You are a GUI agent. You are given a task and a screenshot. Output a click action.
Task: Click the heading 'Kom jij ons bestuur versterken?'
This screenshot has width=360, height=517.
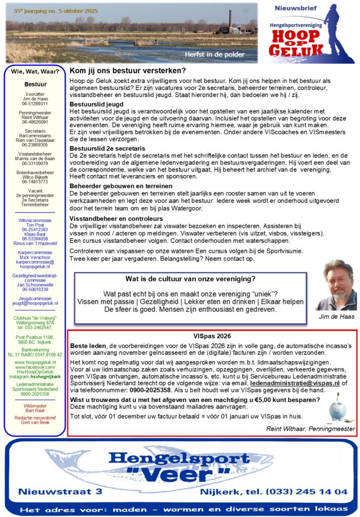[128, 71]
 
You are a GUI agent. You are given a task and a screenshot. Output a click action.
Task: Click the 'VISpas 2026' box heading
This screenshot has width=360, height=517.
[213, 336]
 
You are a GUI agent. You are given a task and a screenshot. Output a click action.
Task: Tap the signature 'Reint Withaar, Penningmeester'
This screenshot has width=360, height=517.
[311, 429]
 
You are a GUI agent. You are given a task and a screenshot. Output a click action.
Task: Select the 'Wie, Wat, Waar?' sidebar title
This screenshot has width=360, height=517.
[35, 71]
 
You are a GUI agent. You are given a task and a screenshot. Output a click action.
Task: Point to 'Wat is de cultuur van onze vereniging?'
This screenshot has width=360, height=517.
[190, 279]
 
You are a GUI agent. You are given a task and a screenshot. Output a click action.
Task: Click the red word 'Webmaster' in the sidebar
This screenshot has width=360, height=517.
[35, 406]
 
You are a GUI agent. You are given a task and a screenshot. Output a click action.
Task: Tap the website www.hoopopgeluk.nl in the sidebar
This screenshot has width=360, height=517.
[35, 362]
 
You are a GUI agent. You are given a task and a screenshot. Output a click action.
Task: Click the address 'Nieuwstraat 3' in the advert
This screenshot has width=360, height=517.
[60, 491]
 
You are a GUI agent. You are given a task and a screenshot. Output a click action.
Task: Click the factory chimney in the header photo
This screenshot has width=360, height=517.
[230, 21]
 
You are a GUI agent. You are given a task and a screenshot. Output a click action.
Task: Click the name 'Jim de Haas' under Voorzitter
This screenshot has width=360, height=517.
[35, 99]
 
